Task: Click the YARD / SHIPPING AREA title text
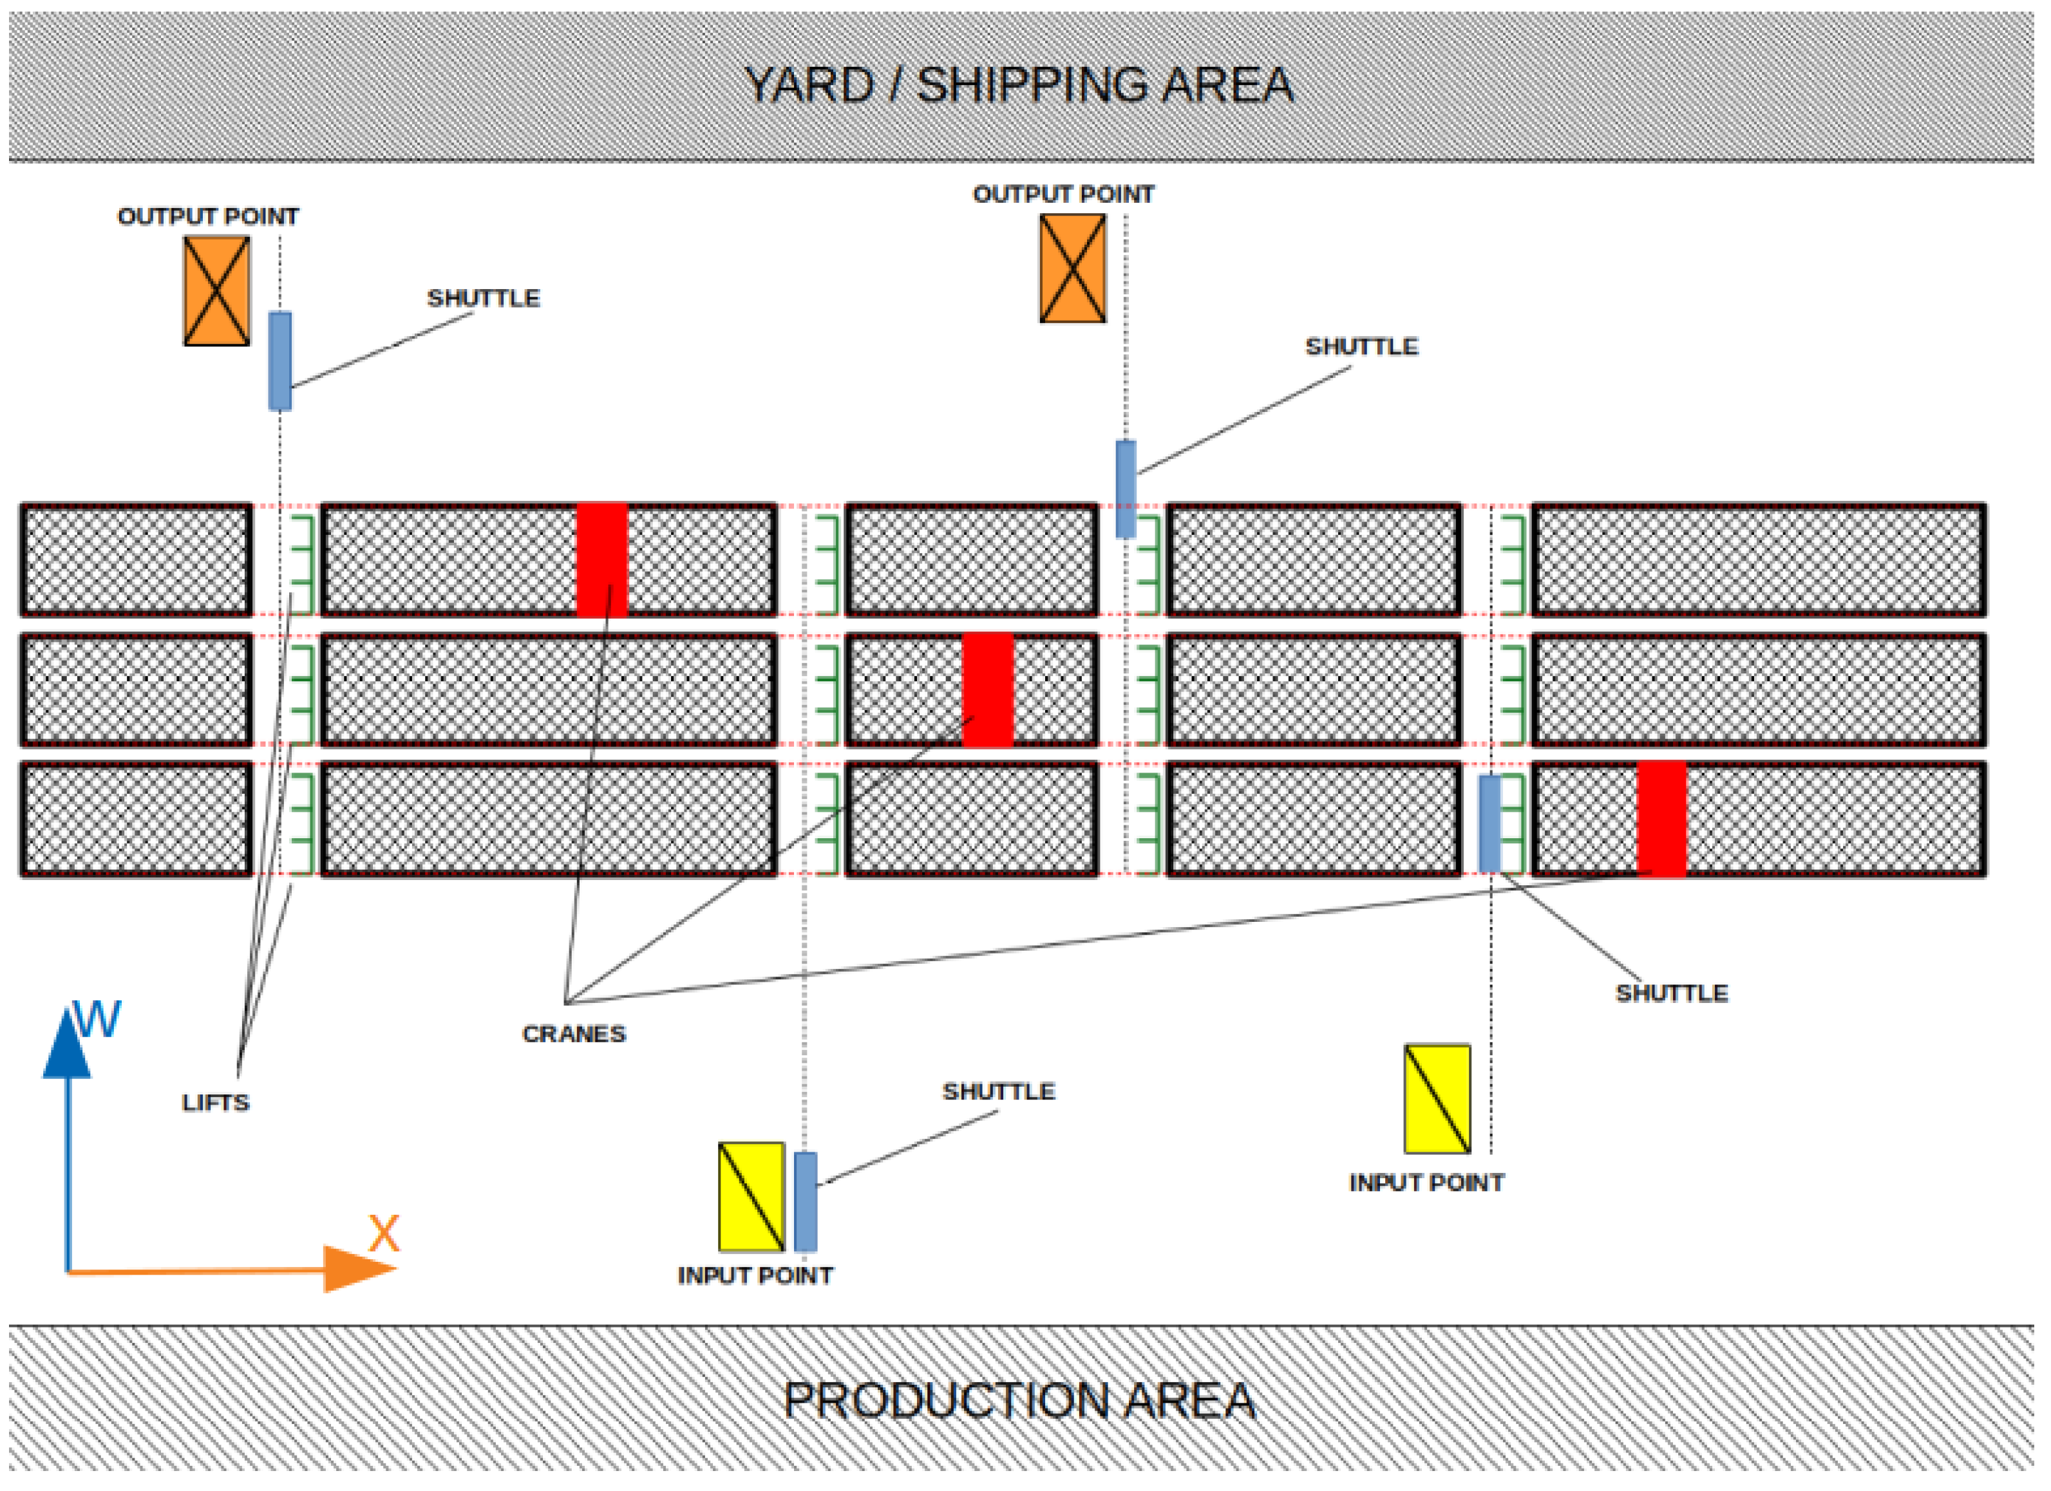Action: (1019, 85)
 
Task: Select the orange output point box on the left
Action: (217, 291)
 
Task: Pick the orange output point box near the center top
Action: (1073, 268)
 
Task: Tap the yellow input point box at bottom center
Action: (751, 1197)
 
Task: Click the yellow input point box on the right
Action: (1437, 1098)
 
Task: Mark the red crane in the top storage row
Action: (602, 559)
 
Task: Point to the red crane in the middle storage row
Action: (988, 689)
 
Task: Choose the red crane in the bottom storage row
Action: (1661, 819)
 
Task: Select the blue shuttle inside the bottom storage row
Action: (1489, 823)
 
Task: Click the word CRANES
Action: (573, 1033)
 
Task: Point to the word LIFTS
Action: (215, 1103)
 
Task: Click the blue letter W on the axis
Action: (98, 1021)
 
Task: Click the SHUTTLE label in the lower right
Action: (1671, 993)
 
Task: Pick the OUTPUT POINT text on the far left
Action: (208, 217)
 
